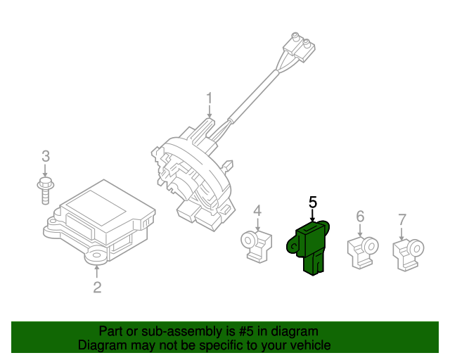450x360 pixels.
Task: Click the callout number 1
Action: click(209, 97)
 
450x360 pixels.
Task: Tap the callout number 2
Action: click(97, 287)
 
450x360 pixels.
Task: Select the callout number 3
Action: click(46, 155)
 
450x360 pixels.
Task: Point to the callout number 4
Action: click(257, 210)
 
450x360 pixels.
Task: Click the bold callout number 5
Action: click(313, 202)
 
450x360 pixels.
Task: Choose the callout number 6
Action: click(360, 216)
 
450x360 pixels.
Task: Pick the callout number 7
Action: click(402, 220)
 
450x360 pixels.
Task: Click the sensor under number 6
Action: click(361, 250)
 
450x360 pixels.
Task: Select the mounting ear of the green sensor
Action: click(292, 245)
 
